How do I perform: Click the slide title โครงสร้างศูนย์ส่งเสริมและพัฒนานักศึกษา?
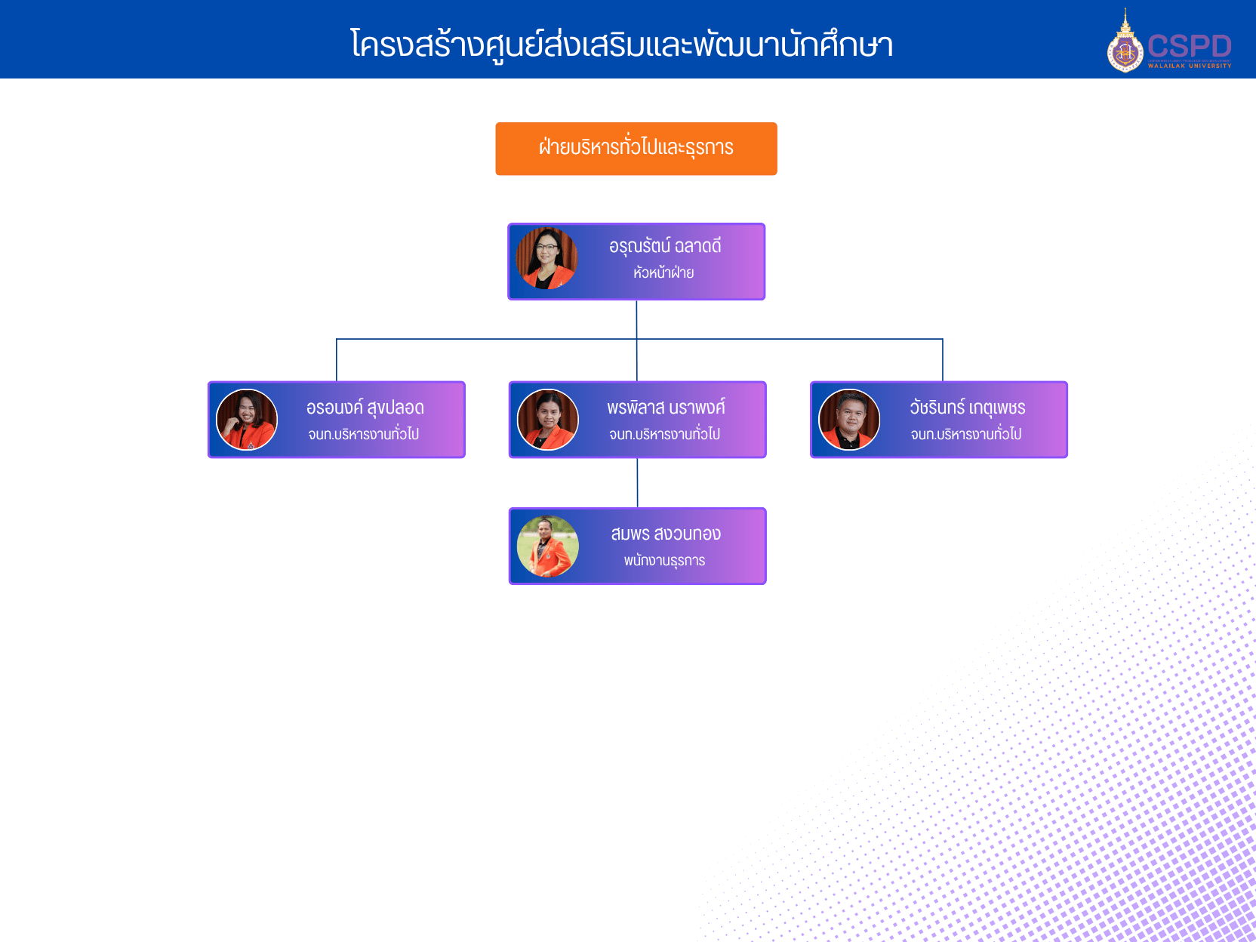[x=621, y=45]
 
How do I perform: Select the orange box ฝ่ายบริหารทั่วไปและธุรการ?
[x=636, y=148]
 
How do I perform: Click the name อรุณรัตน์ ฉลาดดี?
[x=665, y=246]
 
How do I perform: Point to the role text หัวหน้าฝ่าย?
[x=663, y=272]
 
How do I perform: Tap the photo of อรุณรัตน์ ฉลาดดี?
[x=546, y=258]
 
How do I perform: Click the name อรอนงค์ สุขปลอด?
[x=365, y=408]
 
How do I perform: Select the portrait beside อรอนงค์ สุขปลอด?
[x=247, y=420]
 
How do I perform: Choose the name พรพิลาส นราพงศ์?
[x=666, y=408]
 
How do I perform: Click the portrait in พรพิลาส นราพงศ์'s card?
[x=548, y=420]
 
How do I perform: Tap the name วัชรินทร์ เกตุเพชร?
[x=967, y=408]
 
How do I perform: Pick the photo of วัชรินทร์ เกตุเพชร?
[x=849, y=420]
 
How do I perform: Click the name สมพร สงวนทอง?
[x=666, y=534]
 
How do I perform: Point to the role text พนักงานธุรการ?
[x=664, y=561]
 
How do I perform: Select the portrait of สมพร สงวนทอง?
[x=548, y=546]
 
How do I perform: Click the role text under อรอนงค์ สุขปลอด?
[x=363, y=434]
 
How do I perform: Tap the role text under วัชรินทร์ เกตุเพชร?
[x=965, y=434]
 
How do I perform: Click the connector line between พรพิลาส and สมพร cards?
[x=638, y=483]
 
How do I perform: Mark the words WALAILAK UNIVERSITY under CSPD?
[x=1190, y=66]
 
